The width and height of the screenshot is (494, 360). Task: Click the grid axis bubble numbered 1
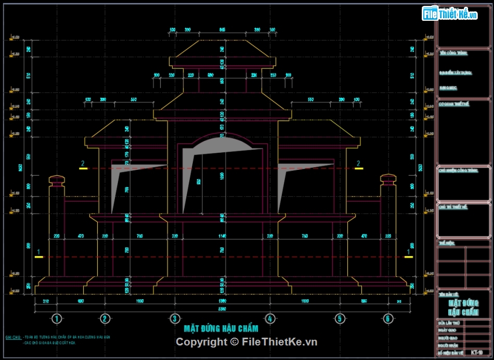[57, 318]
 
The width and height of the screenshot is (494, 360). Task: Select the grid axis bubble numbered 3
[175, 318]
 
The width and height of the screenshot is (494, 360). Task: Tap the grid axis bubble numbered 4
[269, 318]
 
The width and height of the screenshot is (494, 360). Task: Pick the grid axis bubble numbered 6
[387, 318]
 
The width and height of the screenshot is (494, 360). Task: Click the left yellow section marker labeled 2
[83, 167]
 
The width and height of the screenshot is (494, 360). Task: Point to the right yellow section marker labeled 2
[358, 167]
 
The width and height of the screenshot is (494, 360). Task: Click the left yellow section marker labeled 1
[37, 256]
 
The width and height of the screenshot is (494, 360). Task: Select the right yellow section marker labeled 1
[409, 256]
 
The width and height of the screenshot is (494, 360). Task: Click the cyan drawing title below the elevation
[221, 328]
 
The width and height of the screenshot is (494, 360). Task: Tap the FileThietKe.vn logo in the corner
[450, 14]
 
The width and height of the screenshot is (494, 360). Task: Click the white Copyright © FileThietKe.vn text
[246, 342]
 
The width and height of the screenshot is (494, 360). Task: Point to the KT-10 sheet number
[476, 353]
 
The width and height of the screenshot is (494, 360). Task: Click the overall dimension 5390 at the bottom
[222, 310]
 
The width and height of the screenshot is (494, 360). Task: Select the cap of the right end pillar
[388, 179]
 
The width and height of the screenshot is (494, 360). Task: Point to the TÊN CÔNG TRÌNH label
[453, 53]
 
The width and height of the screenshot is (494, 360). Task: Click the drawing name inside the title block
[463, 307]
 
